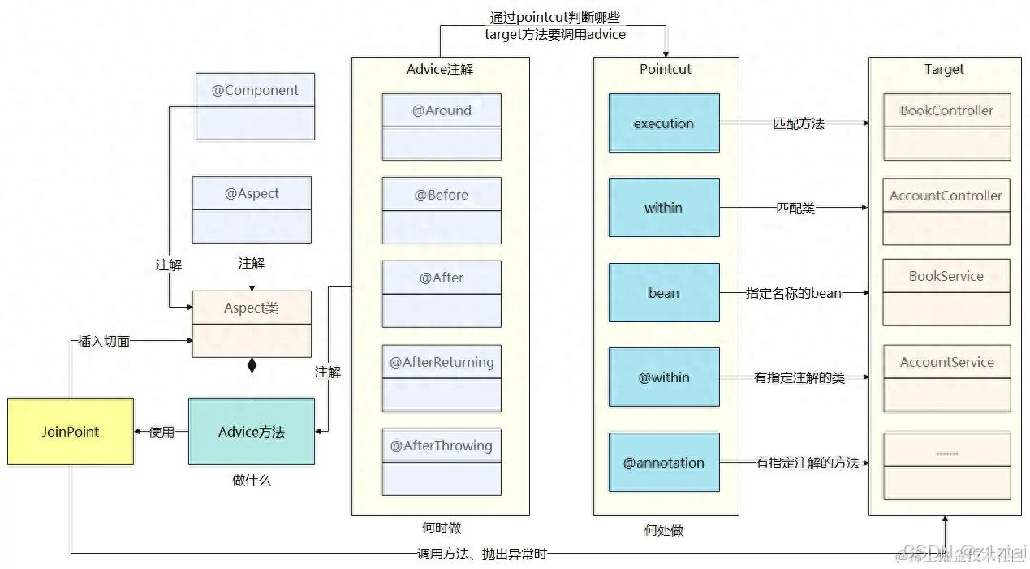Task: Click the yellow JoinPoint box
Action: tap(71, 431)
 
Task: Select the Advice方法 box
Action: tap(252, 431)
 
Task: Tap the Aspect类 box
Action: tap(252, 324)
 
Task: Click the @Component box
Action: tap(255, 106)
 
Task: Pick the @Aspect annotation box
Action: tap(252, 209)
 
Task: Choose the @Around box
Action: tap(442, 127)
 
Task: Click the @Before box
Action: tap(442, 210)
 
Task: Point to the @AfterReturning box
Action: tap(442, 377)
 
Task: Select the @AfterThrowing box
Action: tap(442, 461)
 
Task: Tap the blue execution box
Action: tap(664, 123)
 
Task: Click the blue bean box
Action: tap(664, 292)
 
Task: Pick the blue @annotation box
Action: tap(664, 463)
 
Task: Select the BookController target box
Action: tap(946, 127)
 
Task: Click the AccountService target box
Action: tap(946, 377)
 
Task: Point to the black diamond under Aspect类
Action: tap(252, 366)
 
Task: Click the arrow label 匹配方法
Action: tap(798, 124)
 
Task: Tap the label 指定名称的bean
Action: tap(793, 293)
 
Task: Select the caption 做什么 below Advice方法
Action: tap(252, 481)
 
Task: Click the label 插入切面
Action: tap(104, 342)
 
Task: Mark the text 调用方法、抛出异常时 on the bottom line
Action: tap(481, 554)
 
